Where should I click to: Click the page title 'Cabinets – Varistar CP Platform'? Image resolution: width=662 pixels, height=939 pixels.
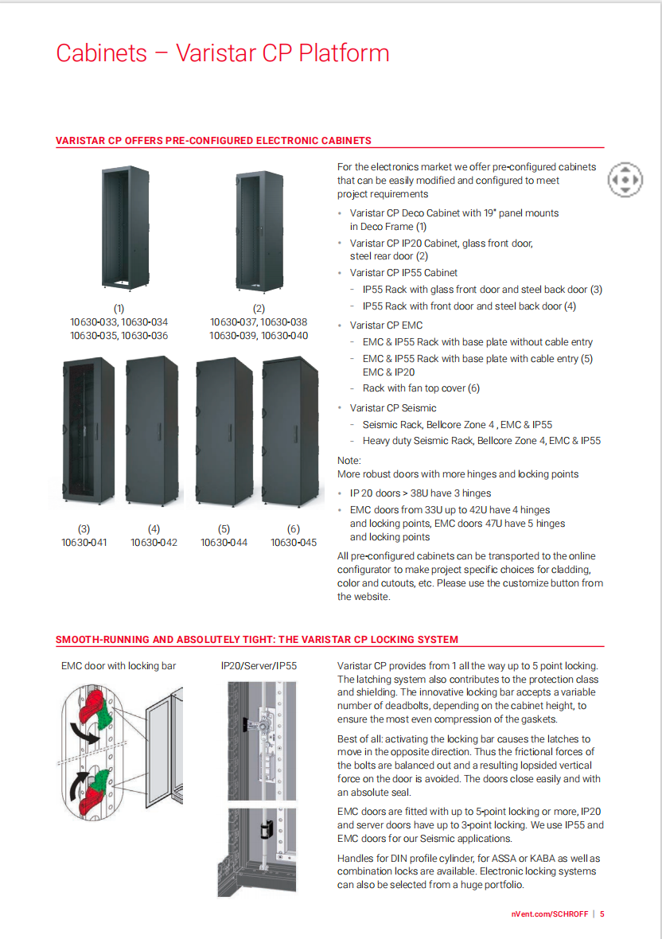point(223,53)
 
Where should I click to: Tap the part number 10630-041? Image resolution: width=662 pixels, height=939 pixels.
point(84,543)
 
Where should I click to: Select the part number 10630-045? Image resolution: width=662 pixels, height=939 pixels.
point(294,543)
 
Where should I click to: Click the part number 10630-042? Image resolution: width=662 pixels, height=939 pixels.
point(154,543)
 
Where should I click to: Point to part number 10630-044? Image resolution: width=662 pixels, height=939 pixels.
point(224,543)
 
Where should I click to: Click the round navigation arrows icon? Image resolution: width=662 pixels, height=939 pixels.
point(625,181)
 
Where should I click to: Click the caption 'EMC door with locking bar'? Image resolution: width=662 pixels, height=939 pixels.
point(119,665)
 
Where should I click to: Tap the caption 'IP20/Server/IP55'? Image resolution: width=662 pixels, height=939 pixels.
point(259,665)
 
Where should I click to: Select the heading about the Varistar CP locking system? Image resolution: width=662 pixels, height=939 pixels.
point(257,640)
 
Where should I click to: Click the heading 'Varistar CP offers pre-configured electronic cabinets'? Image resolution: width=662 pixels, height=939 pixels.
point(213,141)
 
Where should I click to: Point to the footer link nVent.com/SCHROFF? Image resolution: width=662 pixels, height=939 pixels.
point(550,914)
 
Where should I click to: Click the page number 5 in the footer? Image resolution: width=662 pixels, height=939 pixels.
point(602,914)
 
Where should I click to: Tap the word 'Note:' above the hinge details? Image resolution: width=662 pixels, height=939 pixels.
point(349,461)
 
